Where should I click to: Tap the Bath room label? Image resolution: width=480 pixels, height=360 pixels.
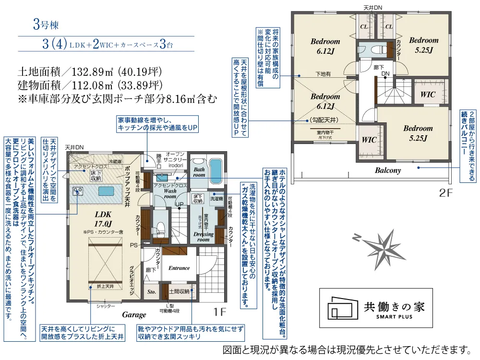pos(199,172)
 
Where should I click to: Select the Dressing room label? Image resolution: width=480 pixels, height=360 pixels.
pos(204,237)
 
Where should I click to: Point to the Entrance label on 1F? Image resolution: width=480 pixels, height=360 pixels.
pos(179,268)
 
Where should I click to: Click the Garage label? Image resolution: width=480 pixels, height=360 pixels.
pos(134,314)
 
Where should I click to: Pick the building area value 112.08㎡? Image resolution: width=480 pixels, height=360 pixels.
pos(92,86)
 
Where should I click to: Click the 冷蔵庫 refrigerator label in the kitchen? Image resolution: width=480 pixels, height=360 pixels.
pos(115,161)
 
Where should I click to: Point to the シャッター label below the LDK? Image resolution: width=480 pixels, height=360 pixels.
pos(106,306)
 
